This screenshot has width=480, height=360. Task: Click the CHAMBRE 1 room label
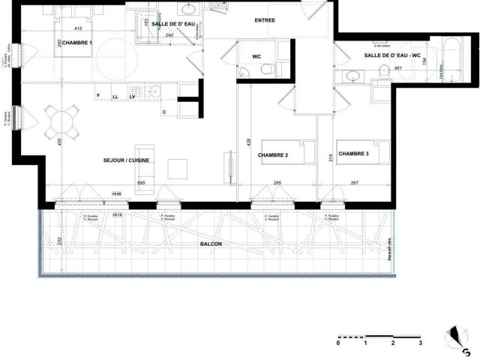coord(80,43)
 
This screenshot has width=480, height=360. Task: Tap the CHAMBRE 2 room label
coord(273,155)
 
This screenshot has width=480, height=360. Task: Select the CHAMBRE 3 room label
coord(354,154)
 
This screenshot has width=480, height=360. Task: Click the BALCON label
coord(211,244)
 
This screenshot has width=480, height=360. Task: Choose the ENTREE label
coord(265,20)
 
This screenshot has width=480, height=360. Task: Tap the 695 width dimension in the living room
coord(140,182)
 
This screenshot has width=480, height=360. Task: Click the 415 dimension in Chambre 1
coord(78,28)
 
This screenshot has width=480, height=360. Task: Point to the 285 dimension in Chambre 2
coord(277,182)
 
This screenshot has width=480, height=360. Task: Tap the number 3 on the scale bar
coord(420,343)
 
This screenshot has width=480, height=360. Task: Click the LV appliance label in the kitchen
coord(132,97)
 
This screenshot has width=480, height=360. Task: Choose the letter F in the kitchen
coord(98,96)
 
